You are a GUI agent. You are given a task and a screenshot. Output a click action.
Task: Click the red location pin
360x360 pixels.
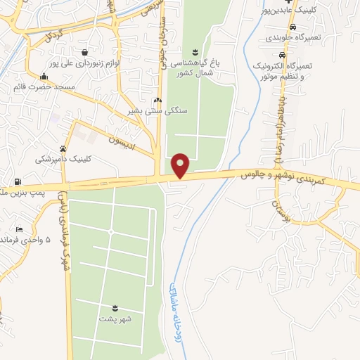click(181, 165)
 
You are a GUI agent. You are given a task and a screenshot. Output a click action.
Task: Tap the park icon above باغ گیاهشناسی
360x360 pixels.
click(195, 51)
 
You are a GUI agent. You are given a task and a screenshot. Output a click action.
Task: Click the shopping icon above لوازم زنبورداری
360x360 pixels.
click(84, 51)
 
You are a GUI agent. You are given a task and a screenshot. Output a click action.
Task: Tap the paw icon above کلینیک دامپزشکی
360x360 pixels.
click(64, 148)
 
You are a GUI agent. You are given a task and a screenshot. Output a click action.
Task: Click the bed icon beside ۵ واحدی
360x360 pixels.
click(19, 230)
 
